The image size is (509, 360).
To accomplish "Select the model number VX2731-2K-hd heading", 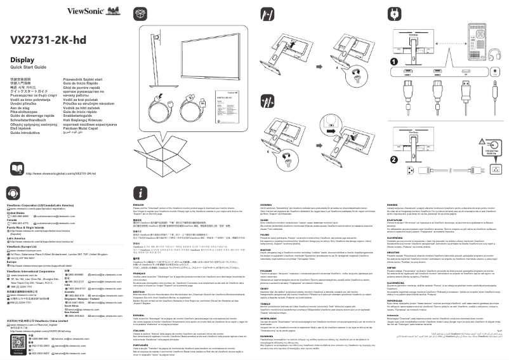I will (x=48, y=40).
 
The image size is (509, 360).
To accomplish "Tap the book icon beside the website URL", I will (x=18, y=172).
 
